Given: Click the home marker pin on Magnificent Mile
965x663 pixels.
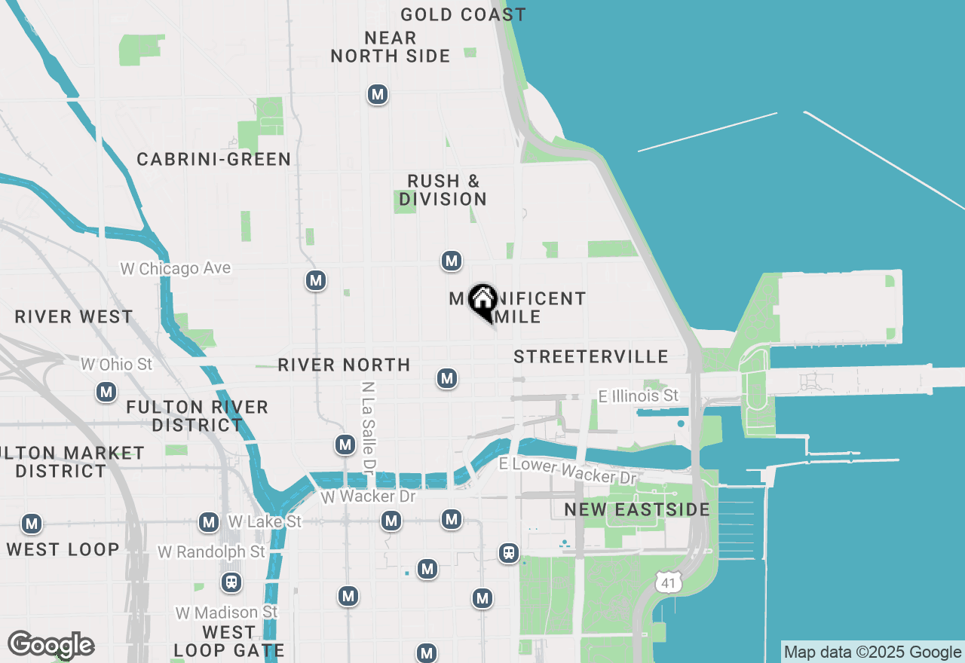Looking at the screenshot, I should (x=482, y=301).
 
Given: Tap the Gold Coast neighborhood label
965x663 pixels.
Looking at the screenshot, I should (x=463, y=14).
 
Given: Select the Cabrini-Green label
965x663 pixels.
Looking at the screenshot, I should (x=213, y=159).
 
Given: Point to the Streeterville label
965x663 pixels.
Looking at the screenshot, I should (x=591, y=356).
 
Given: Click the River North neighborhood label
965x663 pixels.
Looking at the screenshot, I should (x=344, y=365).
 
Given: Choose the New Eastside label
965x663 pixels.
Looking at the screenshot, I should (x=637, y=510).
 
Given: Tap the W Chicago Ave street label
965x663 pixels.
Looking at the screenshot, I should (x=176, y=268).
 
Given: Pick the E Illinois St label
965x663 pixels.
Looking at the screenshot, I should (x=639, y=396).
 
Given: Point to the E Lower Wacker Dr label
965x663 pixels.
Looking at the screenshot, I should (x=568, y=471).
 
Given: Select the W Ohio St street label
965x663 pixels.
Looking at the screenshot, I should (x=117, y=365).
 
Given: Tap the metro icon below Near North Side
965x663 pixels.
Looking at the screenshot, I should (x=377, y=94).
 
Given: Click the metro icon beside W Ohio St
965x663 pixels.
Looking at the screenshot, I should (x=106, y=392).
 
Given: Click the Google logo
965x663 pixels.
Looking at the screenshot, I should (x=51, y=645).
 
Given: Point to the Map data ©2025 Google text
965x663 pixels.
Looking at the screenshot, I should (x=872, y=652).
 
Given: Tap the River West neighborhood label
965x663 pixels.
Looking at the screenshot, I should (x=74, y=316).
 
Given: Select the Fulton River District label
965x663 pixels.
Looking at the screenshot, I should (x=197, y=416).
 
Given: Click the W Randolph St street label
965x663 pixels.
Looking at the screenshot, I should (x=211, y=552).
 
